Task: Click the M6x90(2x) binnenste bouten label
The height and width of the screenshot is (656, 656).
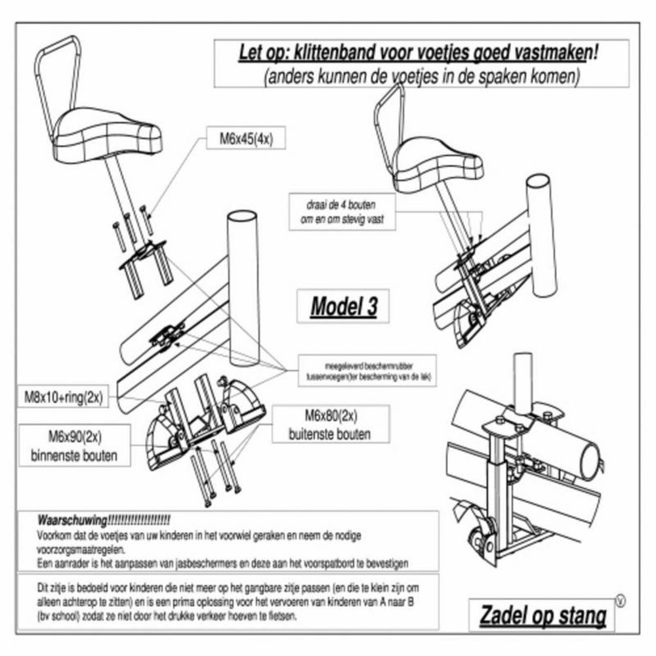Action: click(73, 447)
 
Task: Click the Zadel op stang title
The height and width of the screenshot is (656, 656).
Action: click(543, 615)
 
